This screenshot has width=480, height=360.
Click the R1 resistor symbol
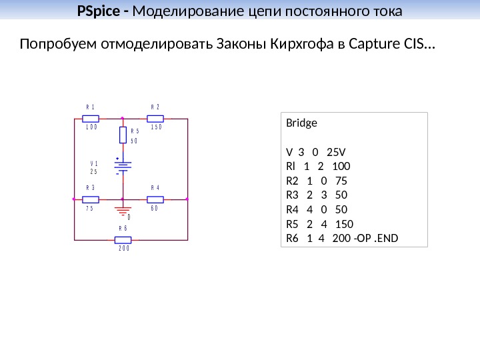click(91, 119)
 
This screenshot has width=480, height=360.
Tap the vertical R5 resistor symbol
click(123, 135)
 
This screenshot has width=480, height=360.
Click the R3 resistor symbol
click(91, 199)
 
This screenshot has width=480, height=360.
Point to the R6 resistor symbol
click(123, 239)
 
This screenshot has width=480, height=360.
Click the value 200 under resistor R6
click(124, 248)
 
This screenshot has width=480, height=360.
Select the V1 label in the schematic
click(94, 163)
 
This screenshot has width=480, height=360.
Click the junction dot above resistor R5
click(123, 119)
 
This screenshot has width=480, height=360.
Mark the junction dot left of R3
click(74, 199)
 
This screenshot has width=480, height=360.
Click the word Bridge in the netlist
click(302, 123)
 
